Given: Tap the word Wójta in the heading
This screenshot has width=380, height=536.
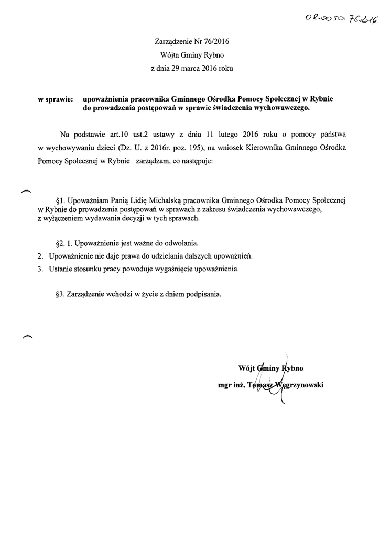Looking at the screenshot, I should coord(167,54).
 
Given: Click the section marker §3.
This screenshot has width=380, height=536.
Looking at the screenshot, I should coord(59,294).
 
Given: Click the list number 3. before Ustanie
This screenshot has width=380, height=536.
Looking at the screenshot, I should coord(40,269).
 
